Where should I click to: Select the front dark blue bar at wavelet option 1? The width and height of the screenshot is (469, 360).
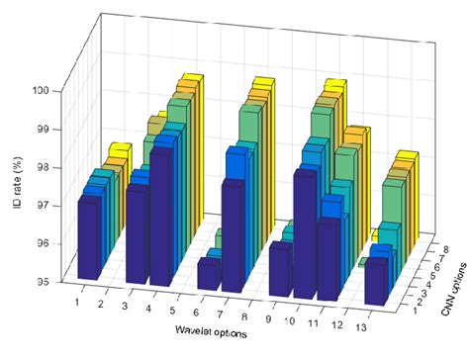pos(89,237)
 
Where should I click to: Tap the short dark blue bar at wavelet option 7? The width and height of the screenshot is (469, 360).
pos(209,274)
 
